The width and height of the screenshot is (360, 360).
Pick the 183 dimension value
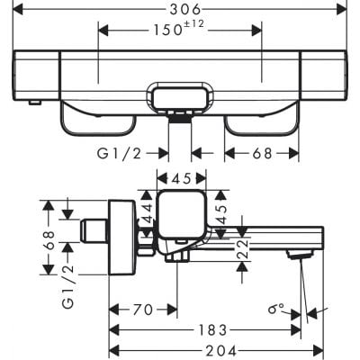click(210, 330)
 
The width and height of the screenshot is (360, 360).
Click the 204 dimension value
click(210, 349)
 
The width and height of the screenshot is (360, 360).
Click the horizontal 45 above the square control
click(183, 178)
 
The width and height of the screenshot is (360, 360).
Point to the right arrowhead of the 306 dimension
click(341, 9)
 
